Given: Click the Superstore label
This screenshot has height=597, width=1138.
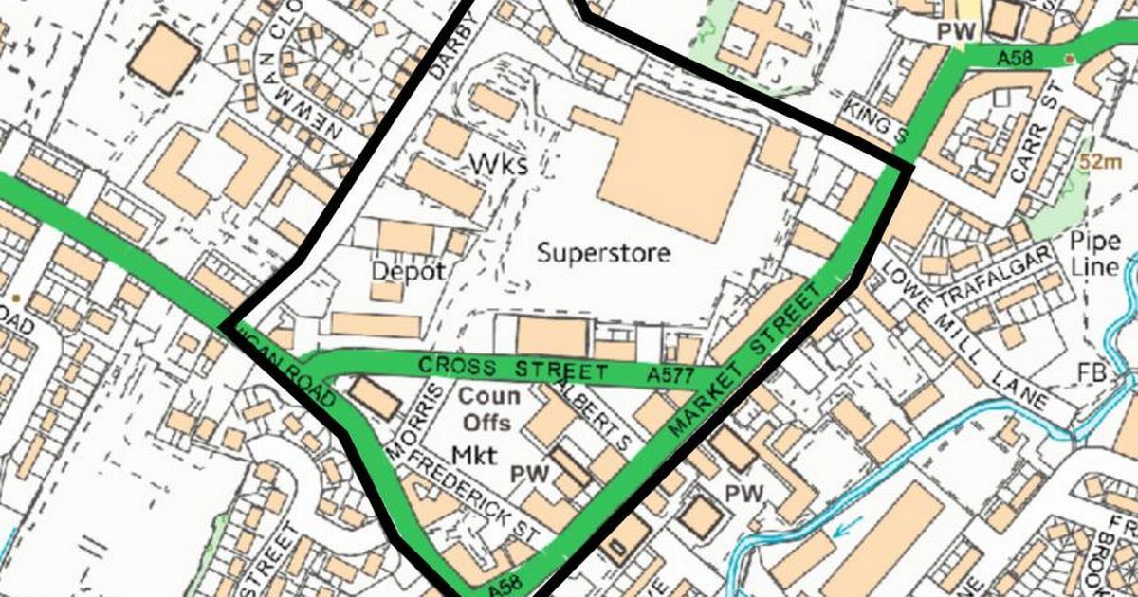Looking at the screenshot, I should pyautogui.click(x=603, y=253).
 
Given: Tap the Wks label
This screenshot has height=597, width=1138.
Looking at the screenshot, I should pyautogui.click(x=498, y=164).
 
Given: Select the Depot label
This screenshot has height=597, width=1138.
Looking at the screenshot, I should pyautogui.click(x=408, y=271).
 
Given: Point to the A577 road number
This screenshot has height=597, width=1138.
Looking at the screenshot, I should pyautogui.click(x=670, y=377).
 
